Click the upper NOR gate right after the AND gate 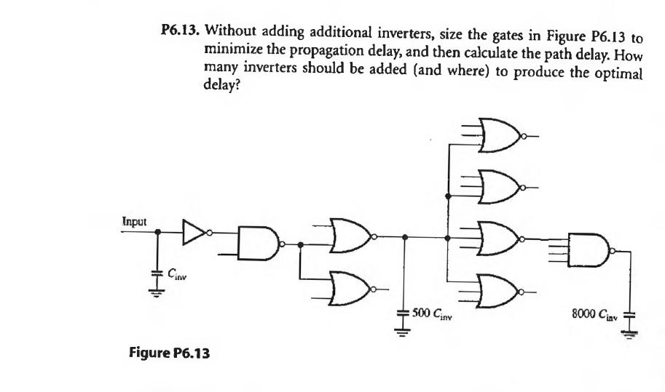350,236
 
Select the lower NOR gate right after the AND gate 349,289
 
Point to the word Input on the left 134,220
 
